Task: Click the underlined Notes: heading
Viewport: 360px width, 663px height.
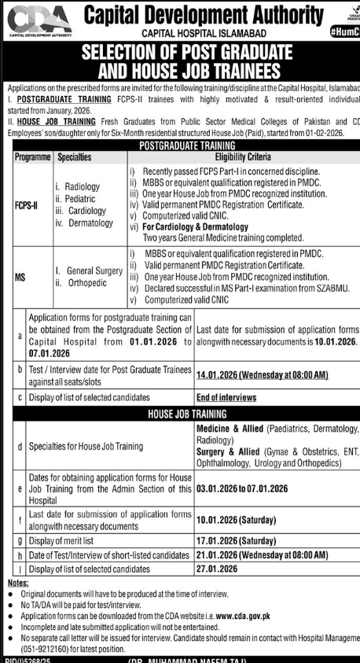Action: (17, 582)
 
